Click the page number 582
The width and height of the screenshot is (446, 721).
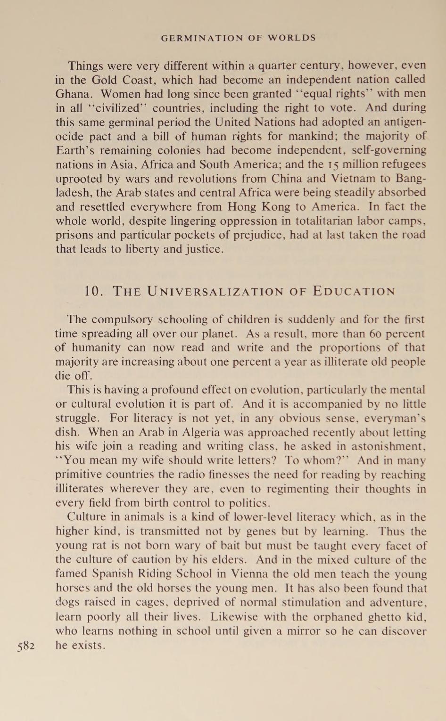26,646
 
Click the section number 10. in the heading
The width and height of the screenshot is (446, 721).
94,291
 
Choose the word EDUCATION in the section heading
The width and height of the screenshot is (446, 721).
354,291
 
